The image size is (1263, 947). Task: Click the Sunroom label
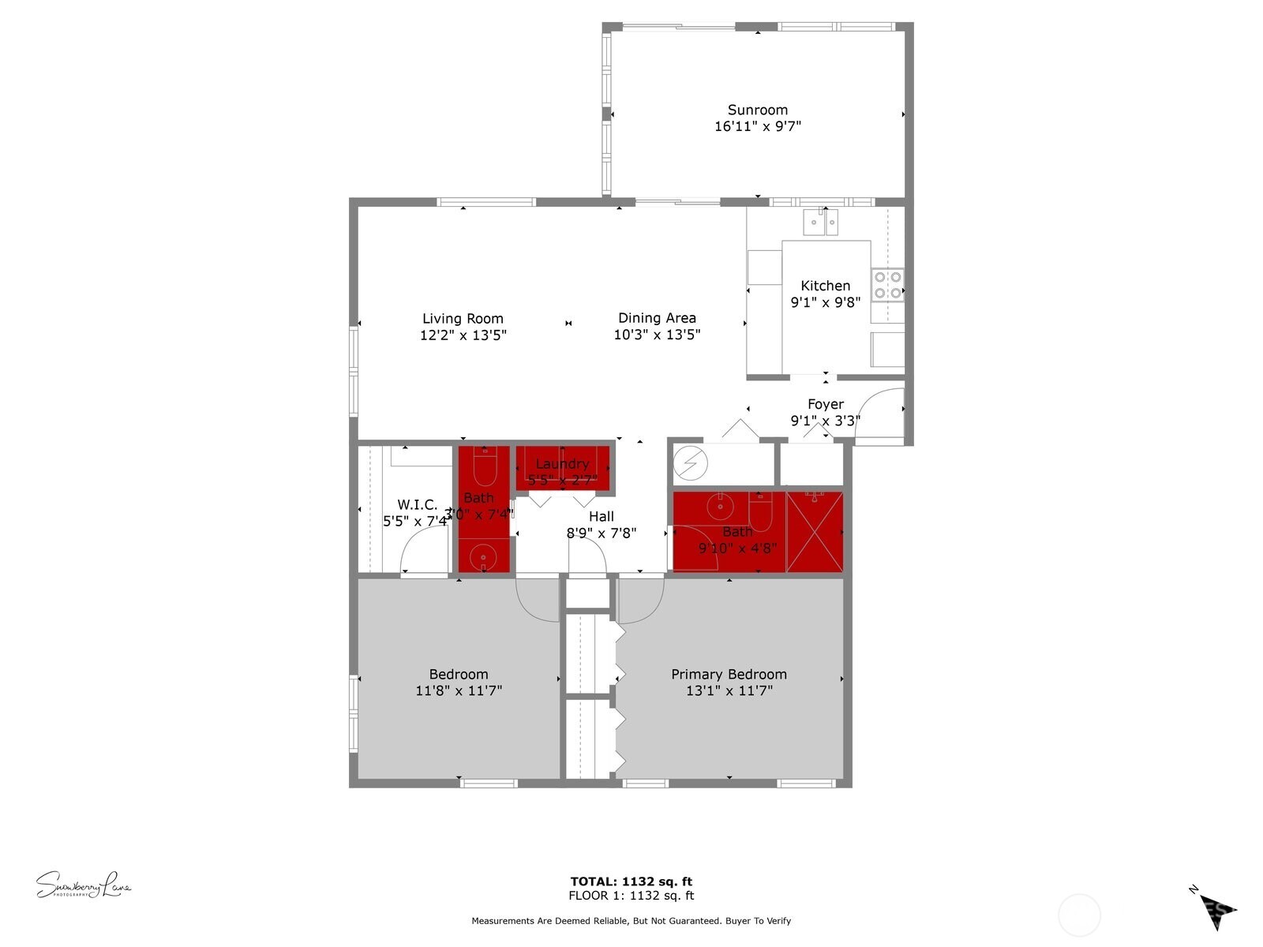pos(757,110)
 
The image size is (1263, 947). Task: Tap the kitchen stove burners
pos(887,285)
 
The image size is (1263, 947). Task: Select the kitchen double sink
pos(820,223)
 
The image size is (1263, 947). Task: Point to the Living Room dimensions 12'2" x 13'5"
pos(463,335)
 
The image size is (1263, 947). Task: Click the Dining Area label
pos(657,318)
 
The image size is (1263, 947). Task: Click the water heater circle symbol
pos(690,464)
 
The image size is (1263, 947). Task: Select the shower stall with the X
pos(815,531)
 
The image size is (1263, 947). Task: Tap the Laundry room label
pos(562,464)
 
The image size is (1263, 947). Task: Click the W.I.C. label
pos(417,505)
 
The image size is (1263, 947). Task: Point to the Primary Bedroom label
pos(729,675)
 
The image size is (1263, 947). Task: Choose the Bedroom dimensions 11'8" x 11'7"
pos(459,691)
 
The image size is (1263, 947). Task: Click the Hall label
pos(602,517)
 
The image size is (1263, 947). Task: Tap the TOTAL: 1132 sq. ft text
pos(631,881)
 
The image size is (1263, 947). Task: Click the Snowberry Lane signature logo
pos(83,885)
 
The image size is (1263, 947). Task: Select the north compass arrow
pos(1216,909)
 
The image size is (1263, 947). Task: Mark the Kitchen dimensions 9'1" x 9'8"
pos(826,302)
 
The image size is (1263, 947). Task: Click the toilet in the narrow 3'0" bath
pos(484,467)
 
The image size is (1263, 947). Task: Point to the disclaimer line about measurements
pos(631,921)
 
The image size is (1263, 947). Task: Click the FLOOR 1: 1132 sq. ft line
pos(631,896)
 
